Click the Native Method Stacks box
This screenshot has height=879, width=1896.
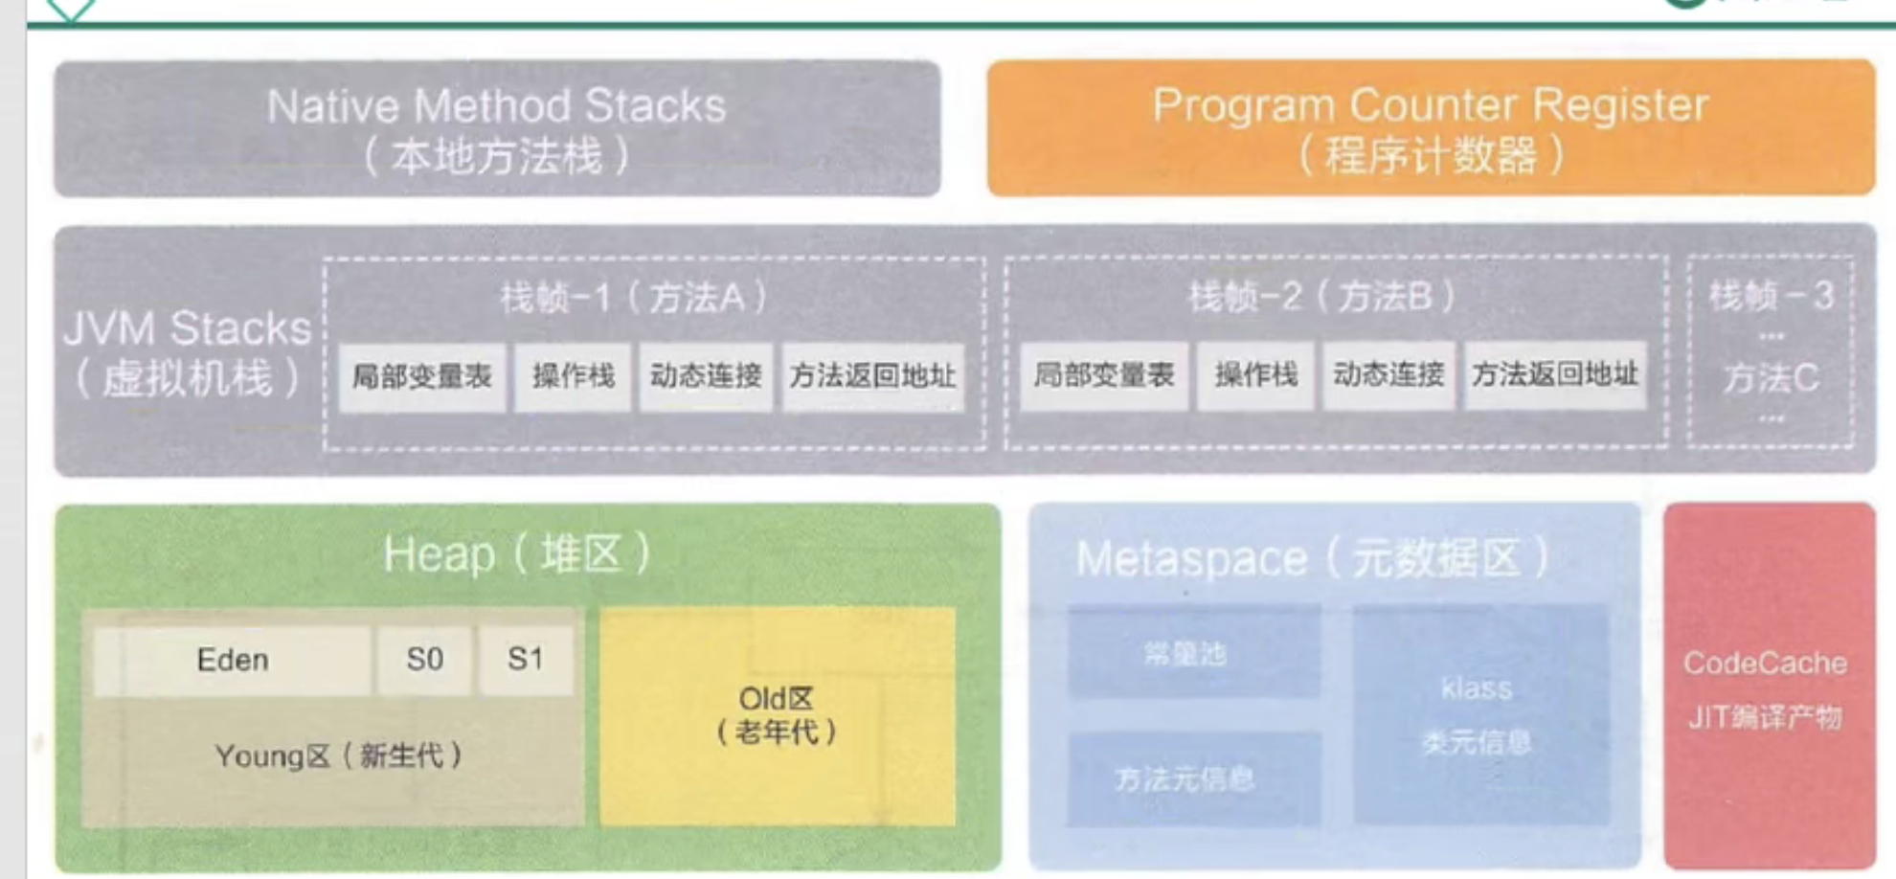point(497,129)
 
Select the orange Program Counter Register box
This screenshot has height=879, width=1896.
point(1431,129)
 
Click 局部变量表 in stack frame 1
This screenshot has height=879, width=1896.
point(422,376)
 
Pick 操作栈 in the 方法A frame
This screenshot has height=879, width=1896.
point(573,376)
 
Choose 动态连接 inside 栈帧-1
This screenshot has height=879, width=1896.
point(706,376)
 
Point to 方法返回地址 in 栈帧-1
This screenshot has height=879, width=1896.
point(872,376)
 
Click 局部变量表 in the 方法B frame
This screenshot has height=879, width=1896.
point(1103,375)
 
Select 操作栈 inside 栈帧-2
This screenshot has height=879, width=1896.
point(1255,375)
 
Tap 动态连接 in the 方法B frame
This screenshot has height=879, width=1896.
point(1388,375)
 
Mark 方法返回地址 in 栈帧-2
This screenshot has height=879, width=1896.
point(1555,375)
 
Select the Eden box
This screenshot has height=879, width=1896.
point(233,660)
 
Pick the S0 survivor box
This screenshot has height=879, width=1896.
point(424,660)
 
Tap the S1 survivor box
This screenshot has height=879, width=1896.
point(526,660)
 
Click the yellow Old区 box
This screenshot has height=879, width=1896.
point(777,715)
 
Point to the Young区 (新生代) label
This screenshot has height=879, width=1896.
point(338,756)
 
